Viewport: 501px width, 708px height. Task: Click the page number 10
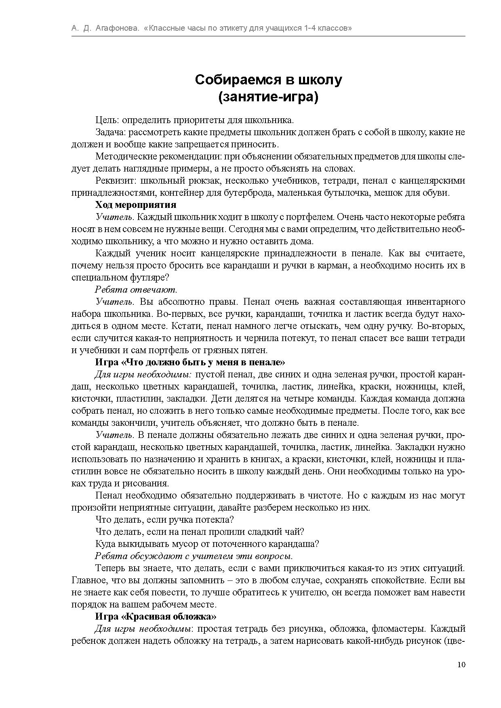(461, 665)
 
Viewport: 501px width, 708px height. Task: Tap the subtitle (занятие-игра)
(268, 97)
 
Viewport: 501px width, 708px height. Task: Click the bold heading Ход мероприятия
(136, 205)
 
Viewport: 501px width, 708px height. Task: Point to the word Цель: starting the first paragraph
(107, 120)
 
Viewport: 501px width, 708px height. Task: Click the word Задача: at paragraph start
(111, 132)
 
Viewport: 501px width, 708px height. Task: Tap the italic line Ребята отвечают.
(136, 289)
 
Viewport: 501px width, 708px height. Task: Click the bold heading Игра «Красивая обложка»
(156, 616)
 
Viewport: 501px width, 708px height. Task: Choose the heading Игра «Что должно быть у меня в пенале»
(190, 362)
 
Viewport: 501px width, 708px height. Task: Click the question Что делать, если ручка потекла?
(165, 519)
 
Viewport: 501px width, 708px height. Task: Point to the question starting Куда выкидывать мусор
(207, 544)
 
